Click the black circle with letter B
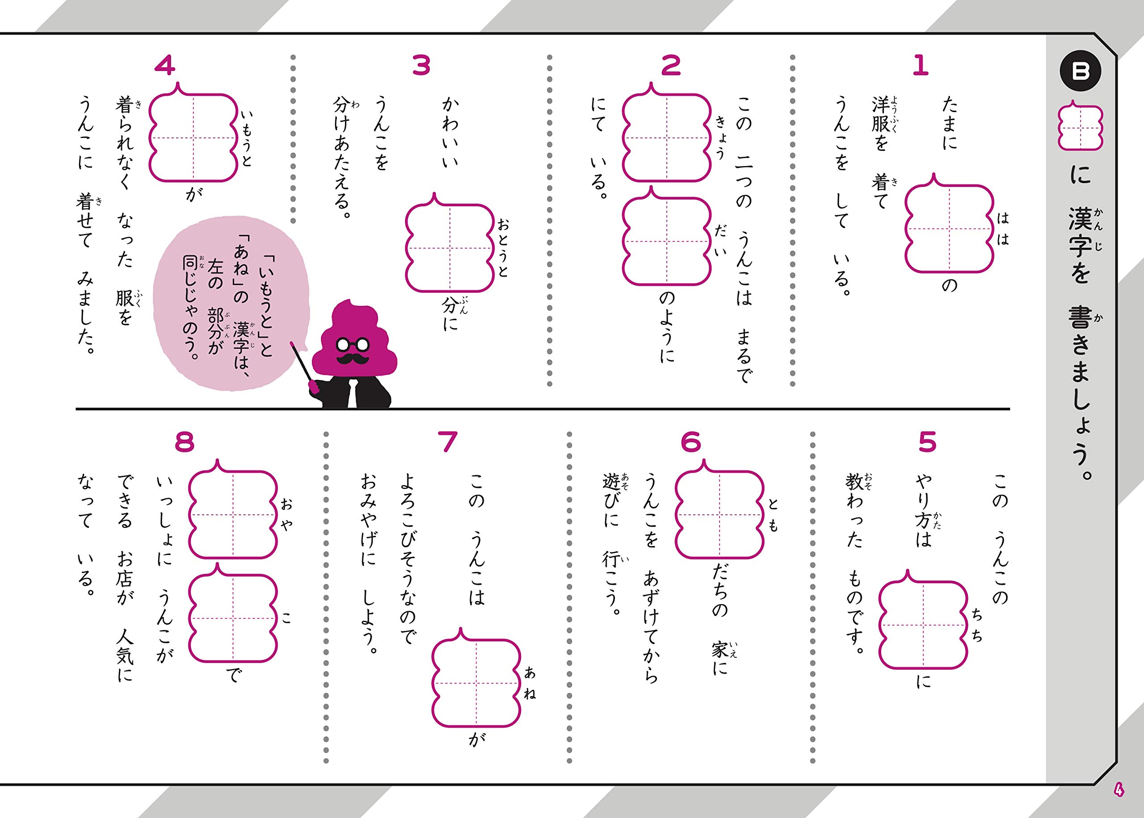click(1081, 72)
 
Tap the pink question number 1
click(920, 66)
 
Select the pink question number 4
click(165, 66)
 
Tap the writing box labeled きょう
click(666, 137)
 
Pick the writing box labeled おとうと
click(450, 248)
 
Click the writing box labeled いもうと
click(193, 137)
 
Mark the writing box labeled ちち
click(923, 625)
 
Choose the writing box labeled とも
click(719, 515)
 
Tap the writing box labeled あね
click(476, 683)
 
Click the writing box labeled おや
click(233, 515)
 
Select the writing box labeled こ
click(233, 618)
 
